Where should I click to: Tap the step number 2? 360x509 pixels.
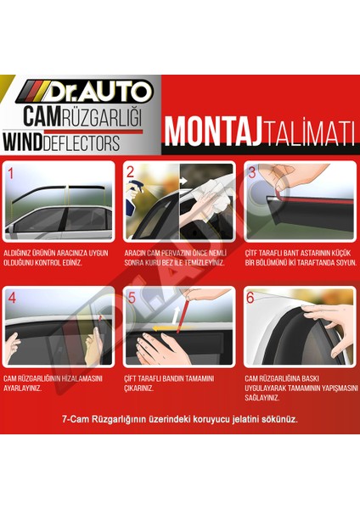click(x=131, y=173)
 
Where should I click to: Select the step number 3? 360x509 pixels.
click(x=250, y=173)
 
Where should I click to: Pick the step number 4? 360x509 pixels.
click(x=12, y=299)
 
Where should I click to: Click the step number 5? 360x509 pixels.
click(x=131, y=299)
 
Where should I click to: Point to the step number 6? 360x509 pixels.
click(x=250, y=299)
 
